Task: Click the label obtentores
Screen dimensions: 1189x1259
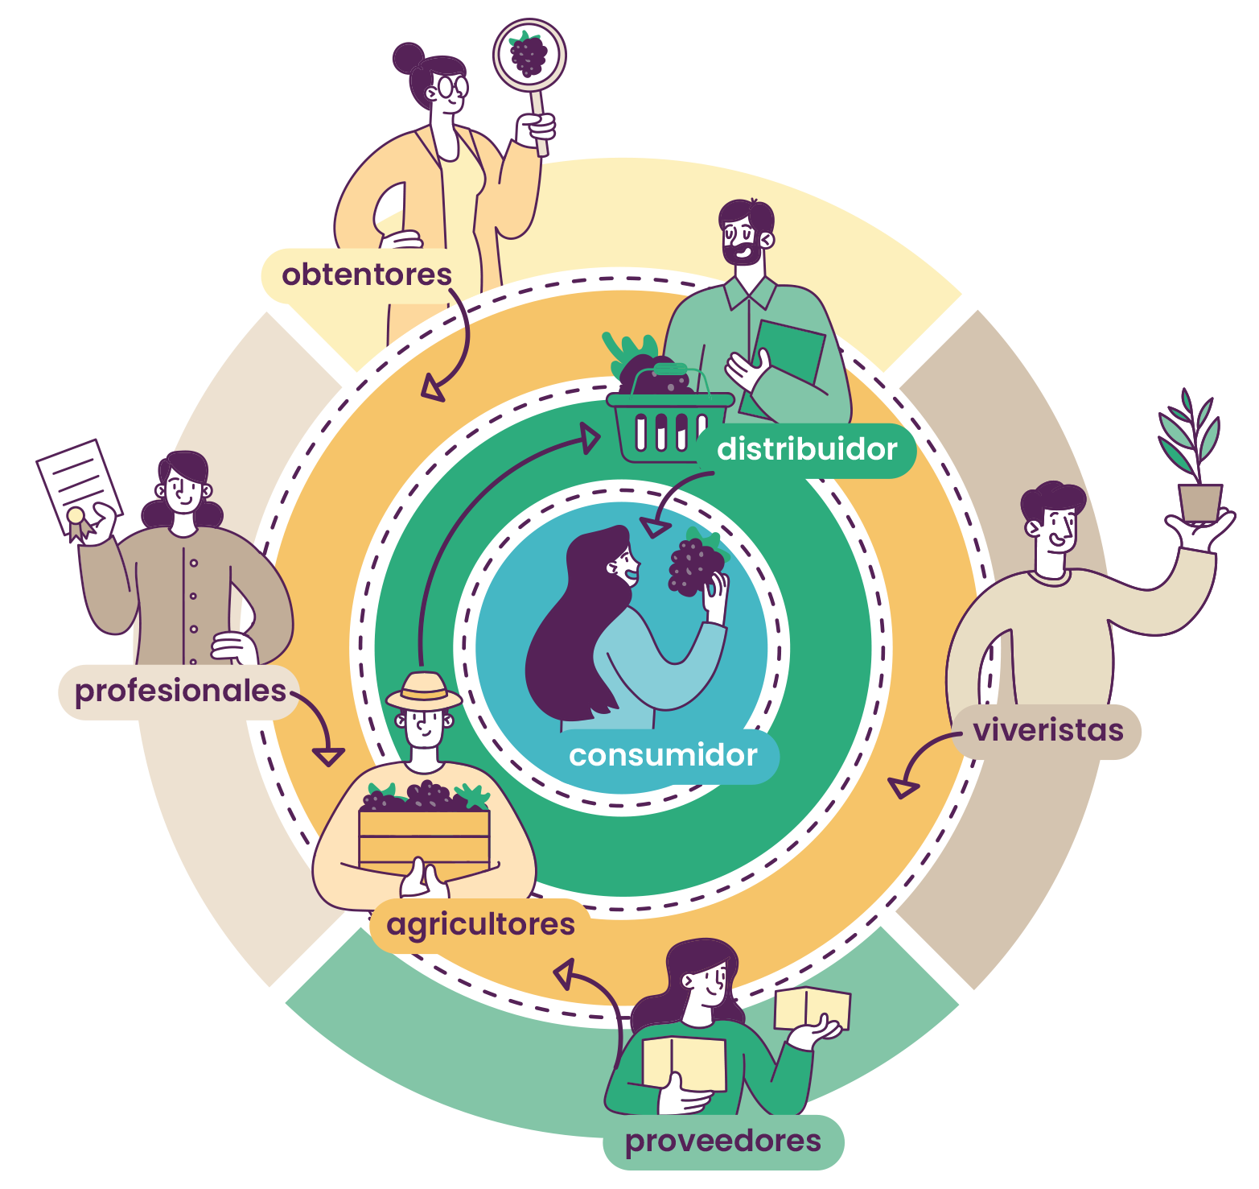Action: pos(366,275)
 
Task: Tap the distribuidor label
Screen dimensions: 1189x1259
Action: pos(807,449)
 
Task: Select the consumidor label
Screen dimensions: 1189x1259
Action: pos(663,755)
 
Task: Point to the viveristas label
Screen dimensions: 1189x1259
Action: pos(1047,730)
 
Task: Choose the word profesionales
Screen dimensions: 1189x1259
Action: pos(180,691)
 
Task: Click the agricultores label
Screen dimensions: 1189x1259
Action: pos(480,924)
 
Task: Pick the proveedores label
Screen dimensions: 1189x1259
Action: pos(722,1141)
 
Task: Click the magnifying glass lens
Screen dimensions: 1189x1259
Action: pos(529,55)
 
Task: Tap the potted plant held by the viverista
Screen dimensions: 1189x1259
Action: pos(1198,483)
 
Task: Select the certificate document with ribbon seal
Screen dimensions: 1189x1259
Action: pos(79,486)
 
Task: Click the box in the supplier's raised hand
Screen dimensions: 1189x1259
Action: pos(812,1008)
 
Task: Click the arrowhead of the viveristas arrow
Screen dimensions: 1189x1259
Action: pos(903,786)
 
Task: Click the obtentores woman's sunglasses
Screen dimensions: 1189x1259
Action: pos(449,87)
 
